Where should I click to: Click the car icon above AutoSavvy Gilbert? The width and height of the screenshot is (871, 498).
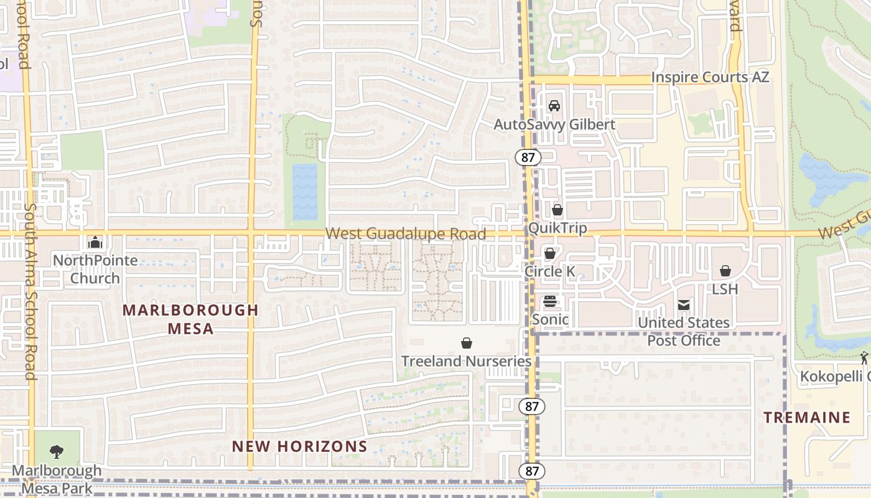tap(554, 106)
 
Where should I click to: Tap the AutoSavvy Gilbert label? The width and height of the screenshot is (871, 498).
tap(554, 125)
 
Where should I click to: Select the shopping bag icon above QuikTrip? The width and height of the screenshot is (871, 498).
tap(557, 210)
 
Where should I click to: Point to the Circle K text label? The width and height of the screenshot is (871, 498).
tap(550, 271)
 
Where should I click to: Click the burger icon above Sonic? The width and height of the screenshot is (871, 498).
tap(550, 302)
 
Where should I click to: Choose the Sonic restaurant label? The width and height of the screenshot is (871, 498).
tap(551, 320)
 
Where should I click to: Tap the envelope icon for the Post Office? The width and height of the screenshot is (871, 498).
tap(684, 305)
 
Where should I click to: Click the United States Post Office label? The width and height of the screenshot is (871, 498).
tap(684, 331)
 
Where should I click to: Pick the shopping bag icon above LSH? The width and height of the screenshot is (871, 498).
tap(725, 271)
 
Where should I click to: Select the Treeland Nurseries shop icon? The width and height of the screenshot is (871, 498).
tap(466, 343)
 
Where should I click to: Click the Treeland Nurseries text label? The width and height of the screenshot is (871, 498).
tap(466, 361)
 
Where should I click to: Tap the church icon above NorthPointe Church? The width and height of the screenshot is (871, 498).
tap(95, 242)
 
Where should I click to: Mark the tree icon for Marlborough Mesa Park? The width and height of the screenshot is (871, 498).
tap(57, 451)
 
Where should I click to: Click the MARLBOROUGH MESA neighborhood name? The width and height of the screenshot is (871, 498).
tap(190, 319)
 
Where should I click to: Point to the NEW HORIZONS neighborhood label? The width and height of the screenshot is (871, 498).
tap(300, 446)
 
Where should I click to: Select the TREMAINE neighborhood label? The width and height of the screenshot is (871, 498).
tap(807, 418)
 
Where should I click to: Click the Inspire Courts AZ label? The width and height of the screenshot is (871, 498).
tap(710, 77)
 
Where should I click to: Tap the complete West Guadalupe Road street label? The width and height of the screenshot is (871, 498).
tap(406, 234)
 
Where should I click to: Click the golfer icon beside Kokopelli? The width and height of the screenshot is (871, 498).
tap(864, 358)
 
